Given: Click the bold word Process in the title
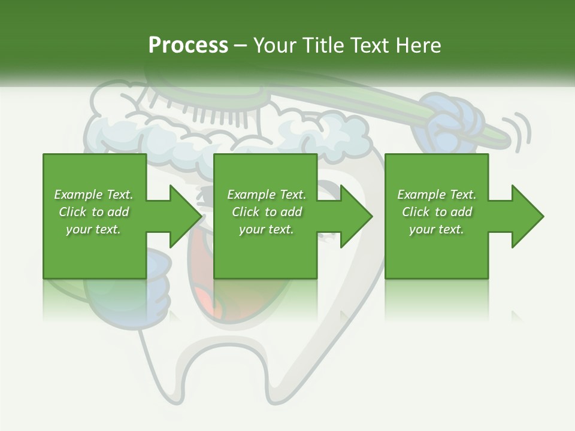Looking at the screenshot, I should click(188, 45).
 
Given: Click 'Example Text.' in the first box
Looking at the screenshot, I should click(93, 195).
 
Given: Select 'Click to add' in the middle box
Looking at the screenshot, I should click(267, 212).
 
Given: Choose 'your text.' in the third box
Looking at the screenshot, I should click(437, 229).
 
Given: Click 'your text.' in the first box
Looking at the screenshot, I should click(93, 229).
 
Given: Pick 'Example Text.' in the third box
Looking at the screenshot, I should click(437, 195).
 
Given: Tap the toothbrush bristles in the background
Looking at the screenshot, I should click(222, 111).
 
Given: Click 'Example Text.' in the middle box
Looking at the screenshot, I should click(267, 195).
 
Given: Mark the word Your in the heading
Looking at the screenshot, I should click(275, 45).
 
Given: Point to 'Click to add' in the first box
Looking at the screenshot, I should click(93, 212).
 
